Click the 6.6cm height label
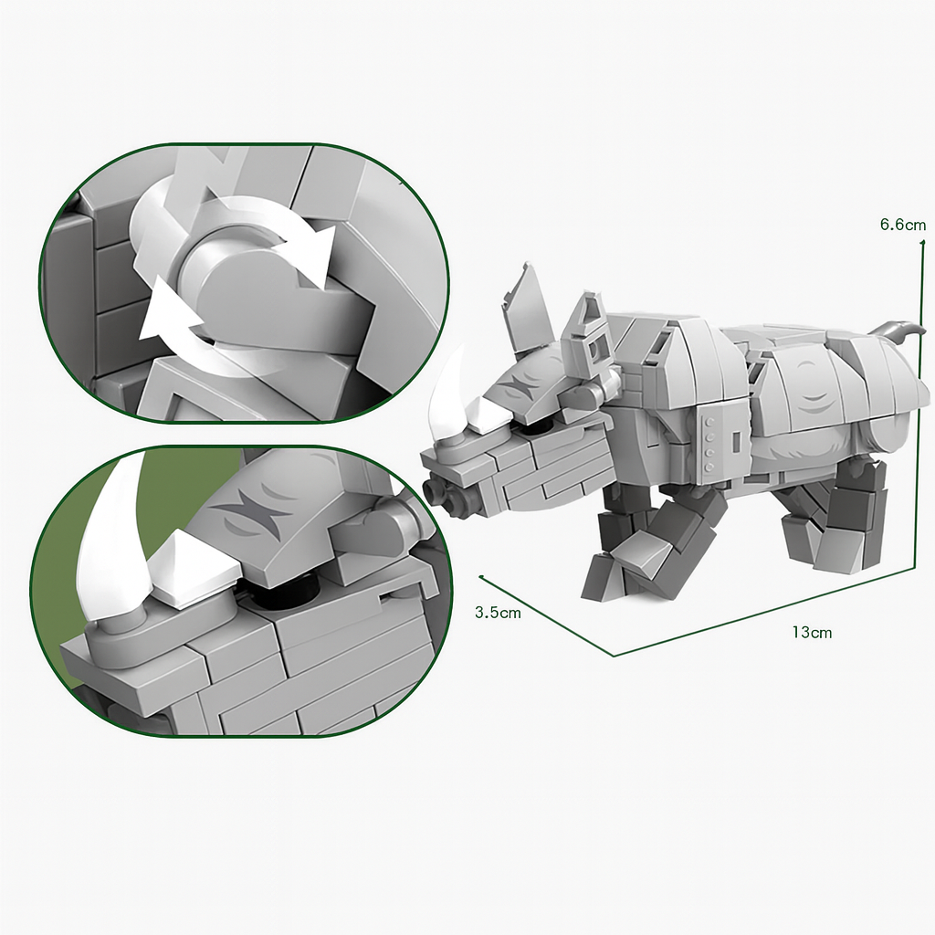pos(903,225)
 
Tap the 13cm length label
pos(812,632)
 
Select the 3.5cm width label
pos(498,612)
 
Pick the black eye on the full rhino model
pos(539,428)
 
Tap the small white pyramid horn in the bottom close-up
pos(191,575)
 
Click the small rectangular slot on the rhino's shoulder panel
pos(737,441)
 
